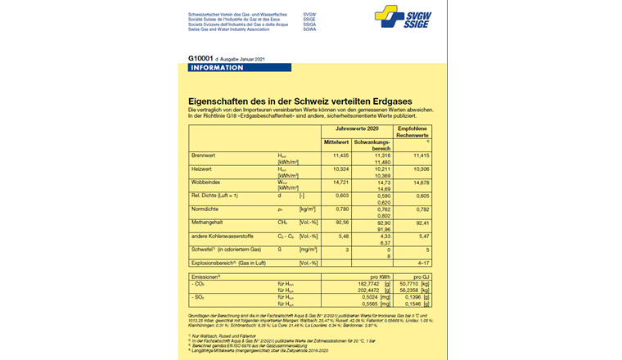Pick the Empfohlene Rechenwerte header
[413, 133]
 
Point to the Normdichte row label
[205, 209]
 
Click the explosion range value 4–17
[421, 262]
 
